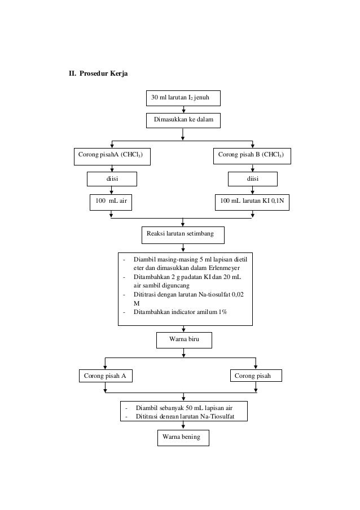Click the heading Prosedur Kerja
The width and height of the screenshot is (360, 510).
coord(103,73)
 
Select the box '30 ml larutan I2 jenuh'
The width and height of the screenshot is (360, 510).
coord(183,98)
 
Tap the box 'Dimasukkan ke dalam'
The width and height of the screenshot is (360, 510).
coord(183,120)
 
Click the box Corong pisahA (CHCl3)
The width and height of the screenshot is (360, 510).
coord(112,157)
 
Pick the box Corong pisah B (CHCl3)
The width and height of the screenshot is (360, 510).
coord(252,156)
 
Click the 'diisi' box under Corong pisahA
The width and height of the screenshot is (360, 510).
coord(112,179)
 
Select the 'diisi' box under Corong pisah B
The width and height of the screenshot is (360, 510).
coord(252,179)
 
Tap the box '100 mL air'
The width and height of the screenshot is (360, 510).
coord(111,202)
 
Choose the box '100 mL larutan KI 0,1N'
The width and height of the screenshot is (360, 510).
coord(252,202)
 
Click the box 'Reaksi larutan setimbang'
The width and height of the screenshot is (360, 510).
coord(183,235)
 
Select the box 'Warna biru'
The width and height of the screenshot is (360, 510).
coord(184,340)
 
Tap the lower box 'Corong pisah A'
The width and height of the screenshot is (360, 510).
coord(106,376)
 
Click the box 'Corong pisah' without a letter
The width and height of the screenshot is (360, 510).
coord(256,376)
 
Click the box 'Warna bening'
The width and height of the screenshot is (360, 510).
coord(183,438)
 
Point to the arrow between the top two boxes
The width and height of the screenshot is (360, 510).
coord(183,110)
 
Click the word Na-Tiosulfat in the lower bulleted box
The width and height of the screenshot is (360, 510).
coord(217,417)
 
